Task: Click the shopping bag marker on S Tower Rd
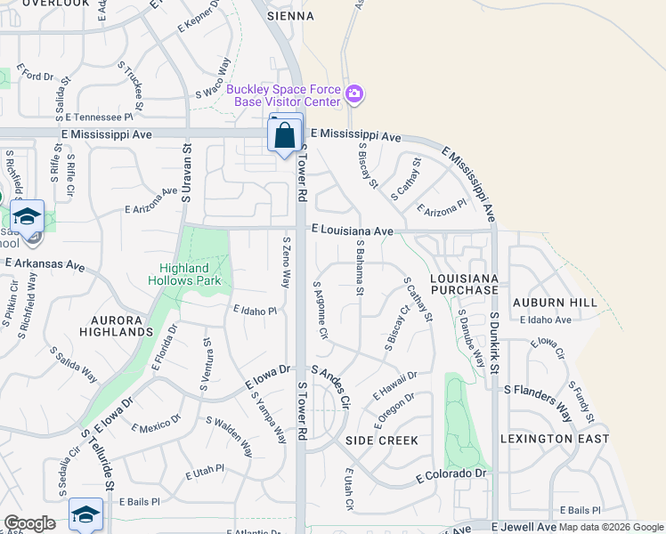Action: (x=285, y=136)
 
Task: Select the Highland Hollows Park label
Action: (x=184, y=274)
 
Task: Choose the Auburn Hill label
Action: (x=554, y=303)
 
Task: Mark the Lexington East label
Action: (x=555, y=439)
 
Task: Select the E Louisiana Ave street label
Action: (x=353, y=231)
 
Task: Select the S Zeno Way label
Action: (x=286, y=261)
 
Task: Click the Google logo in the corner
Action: (x=29, y=523)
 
